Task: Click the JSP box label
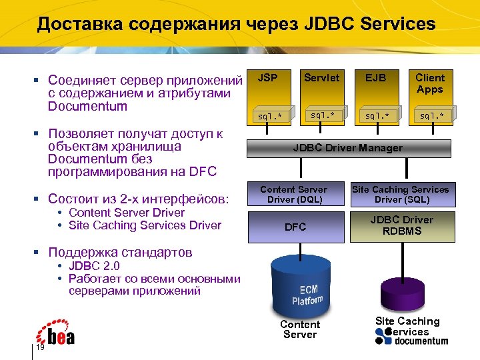[x=268, y=78]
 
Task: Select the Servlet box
[x=321, y=78]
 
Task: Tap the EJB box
[x=375, y=78]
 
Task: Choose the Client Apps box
[x=430, y=83]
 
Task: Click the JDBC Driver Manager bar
[x=347, y=148]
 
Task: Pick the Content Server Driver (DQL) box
[x=293, y=195]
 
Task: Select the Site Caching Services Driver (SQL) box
[x=401, y=195]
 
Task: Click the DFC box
[x=295, y=227]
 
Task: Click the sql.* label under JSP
[x=270, y=116]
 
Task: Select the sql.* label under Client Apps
[x=430, y=115]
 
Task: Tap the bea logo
[x=56, y=334]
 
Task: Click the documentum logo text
[x=421, y=341]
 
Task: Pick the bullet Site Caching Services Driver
[x=145, y=225]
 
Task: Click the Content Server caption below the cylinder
[x=300, y=329]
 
